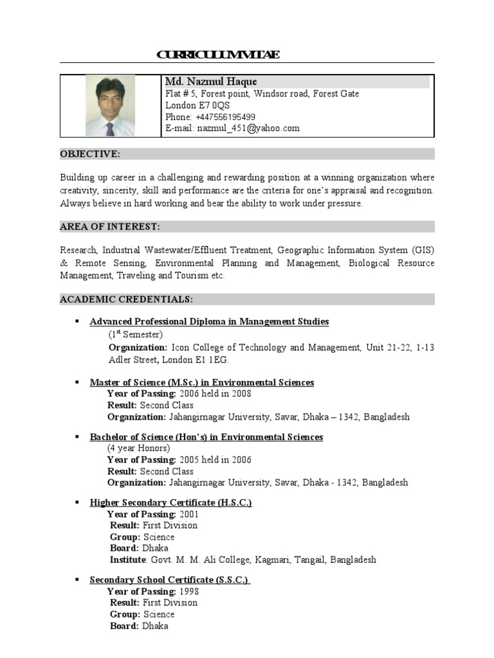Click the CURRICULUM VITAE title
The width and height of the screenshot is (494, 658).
point(218,55)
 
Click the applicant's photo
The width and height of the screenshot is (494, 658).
point(110,105)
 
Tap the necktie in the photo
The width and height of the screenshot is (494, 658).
point(110,129)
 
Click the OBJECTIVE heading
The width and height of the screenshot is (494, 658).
point(90,154)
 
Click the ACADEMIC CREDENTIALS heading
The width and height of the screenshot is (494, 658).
point(126,299)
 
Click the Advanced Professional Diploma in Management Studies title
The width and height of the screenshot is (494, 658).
point(209,321)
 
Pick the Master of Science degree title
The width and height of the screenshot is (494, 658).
point(201,382)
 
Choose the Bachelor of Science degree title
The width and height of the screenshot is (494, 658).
point(206,437)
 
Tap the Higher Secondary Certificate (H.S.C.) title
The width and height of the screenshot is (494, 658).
point(170,502)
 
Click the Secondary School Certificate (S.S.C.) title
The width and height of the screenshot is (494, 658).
point(169,580)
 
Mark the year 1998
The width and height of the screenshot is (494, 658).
point(189,591)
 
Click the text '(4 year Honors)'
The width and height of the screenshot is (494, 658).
point(139,449)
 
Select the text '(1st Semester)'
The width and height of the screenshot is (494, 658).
point(135,335)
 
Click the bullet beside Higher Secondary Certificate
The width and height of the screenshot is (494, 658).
point(76,502)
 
